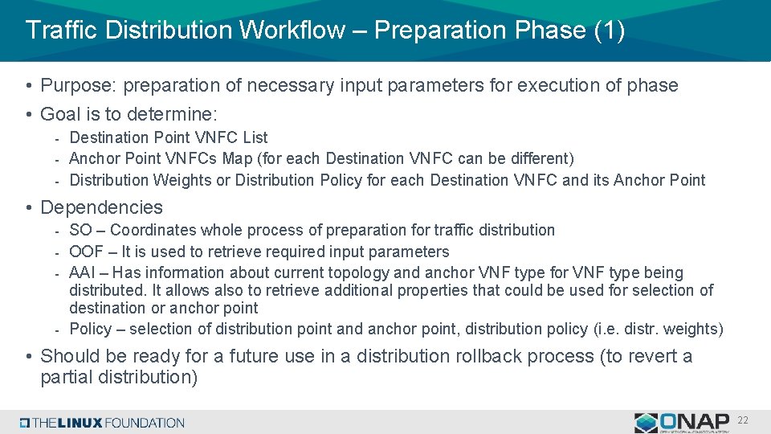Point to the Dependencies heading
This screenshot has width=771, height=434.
pyautogui.click(x=101, y=207)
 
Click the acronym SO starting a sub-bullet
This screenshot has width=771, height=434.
pyautogui.click(x=80, y=231)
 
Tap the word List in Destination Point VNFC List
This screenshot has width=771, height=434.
pyautogui.click(x=255, y=137)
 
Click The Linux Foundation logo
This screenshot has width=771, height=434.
pyautogui.click(x=103, y=423)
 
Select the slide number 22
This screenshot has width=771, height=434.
pyautogui.click(x=743, y=420)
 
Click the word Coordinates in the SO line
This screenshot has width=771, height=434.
pyautogui.click(x=158, y=231)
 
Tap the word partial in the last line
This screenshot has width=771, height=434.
pyautogui.click(x=67, y=377)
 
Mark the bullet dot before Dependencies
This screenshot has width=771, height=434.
pyautogui.click(x=28, y=208)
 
